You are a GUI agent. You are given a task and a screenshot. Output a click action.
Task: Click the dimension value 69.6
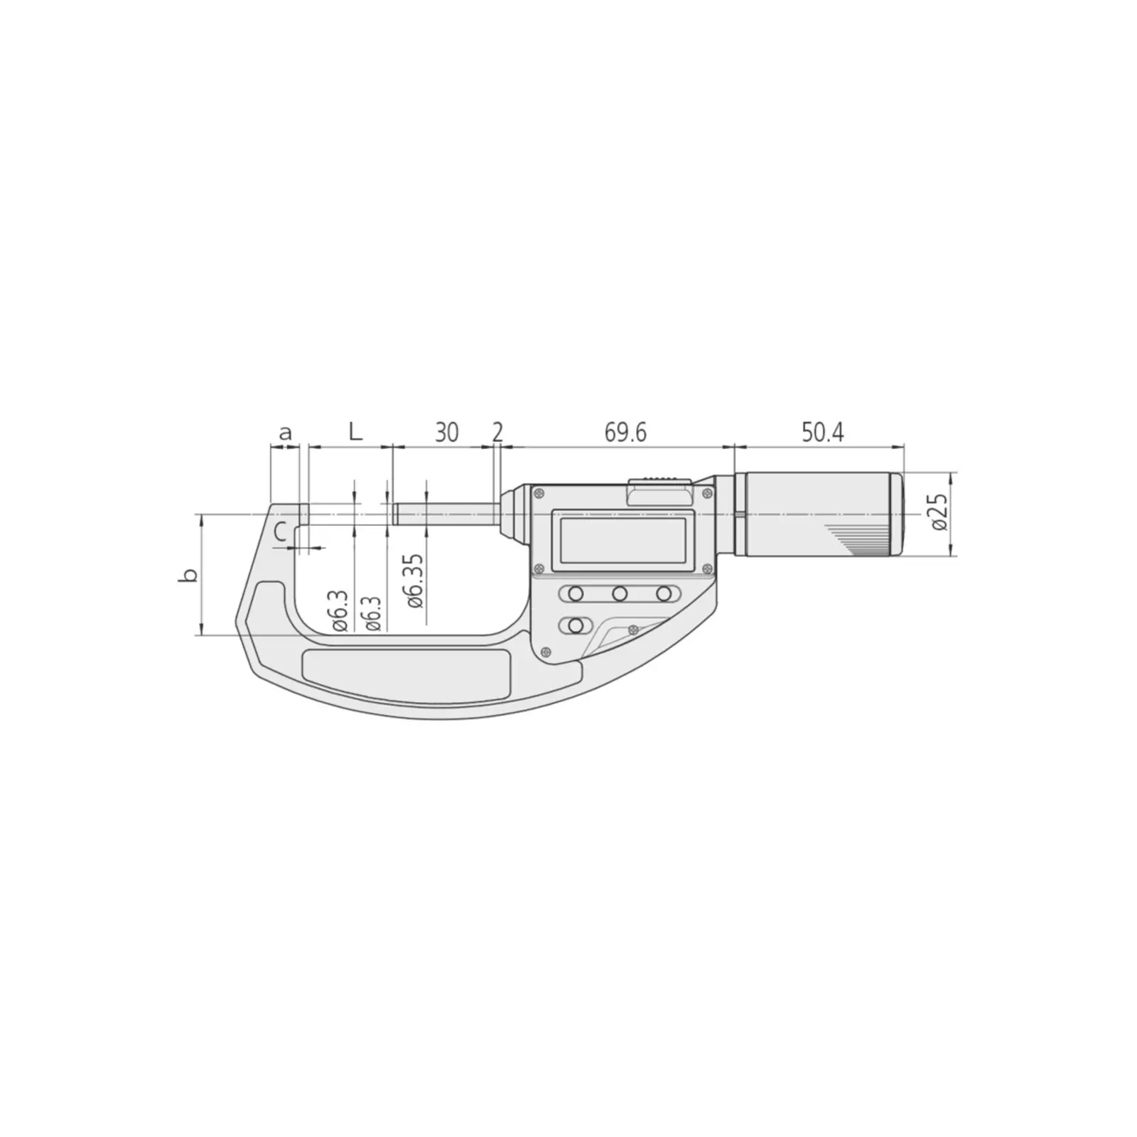tap(625, 432)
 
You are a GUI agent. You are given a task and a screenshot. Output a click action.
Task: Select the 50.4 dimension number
tap(823, 432)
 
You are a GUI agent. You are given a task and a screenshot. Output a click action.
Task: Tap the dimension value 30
tap(446, 432)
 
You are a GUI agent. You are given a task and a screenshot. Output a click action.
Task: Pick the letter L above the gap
tap(355, 431)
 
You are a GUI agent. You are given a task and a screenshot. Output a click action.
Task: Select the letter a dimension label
tap(285, 433)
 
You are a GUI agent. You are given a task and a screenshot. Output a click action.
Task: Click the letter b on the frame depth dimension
tap(188, 576)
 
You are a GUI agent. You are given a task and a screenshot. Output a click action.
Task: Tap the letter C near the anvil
tap(281, 531)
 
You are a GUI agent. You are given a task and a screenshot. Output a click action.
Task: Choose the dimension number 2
tap(497, 432)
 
